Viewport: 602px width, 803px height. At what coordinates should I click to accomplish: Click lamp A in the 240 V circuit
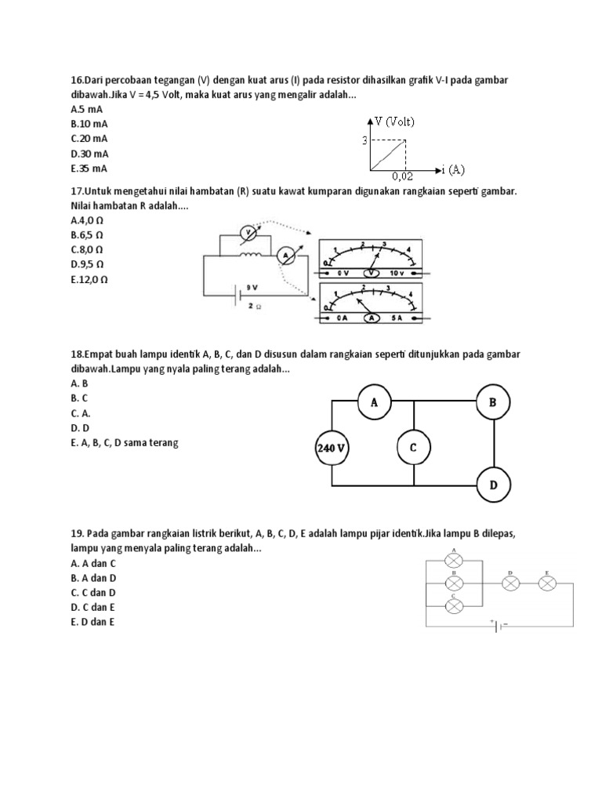pyautogui.click(x=374, y=402)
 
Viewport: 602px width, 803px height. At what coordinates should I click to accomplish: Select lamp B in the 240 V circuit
pyautogui.click(x=493, y=402)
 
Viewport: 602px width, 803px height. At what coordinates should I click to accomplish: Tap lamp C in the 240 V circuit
pyautogui.click(x=413, y=448)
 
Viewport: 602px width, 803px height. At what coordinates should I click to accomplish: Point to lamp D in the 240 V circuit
pyautogui.click(x=493, y=485)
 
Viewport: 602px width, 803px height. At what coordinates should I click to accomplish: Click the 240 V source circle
pyautogui.click(x=332, y=449)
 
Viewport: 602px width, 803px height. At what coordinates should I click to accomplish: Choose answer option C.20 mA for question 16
pyautogui.click(x=89, y=139)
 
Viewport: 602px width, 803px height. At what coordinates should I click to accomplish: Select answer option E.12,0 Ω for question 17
pyautogui.click(x=89, y=278)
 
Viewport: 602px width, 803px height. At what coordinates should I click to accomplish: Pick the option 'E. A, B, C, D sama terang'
pyautogui.click(x=124, y=443)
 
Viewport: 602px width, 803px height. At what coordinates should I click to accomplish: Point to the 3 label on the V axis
pyautogui.click(x=364, y=140)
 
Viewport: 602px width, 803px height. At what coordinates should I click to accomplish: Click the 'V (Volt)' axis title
pyautogui.click(x=394, y=122)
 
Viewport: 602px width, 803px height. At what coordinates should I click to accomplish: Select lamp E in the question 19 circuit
pyautogui.click(x=548, y=583)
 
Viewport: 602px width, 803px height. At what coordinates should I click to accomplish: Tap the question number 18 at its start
pyautogui.click(x=77, y=354)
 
